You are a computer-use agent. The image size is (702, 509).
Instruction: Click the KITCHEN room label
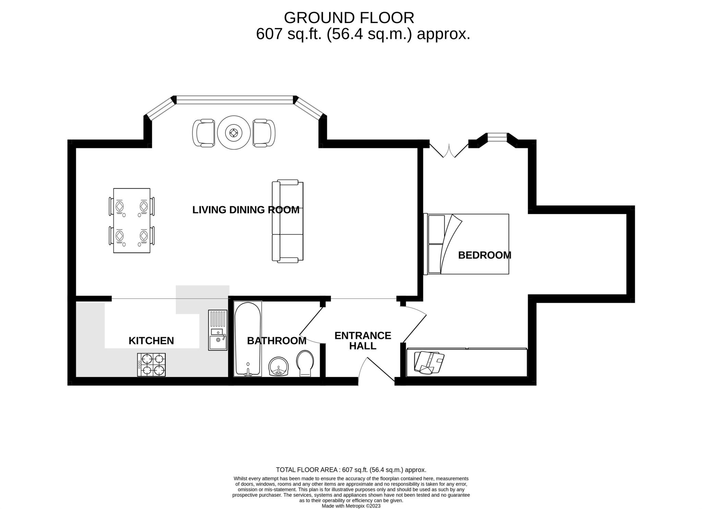151,341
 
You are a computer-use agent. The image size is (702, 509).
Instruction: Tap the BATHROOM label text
277,341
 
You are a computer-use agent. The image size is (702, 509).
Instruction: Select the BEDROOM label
484,255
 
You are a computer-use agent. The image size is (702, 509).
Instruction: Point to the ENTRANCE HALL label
363,340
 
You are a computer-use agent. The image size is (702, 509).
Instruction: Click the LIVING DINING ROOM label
245,210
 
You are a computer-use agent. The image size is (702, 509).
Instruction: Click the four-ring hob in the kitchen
151,365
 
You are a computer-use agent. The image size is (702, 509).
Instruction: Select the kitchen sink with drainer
218,330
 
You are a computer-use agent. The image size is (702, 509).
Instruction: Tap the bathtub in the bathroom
247,339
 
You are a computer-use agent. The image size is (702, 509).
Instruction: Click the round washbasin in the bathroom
279,366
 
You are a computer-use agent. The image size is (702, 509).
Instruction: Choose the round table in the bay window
233,133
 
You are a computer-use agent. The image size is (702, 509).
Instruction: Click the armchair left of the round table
204,133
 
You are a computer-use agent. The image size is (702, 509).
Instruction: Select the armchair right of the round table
264,133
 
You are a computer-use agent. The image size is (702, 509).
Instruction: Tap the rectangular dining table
132,220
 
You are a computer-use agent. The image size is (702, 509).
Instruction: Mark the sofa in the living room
288,221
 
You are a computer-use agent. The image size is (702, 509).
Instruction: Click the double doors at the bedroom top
449,151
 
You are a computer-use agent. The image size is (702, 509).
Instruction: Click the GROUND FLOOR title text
349,18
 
